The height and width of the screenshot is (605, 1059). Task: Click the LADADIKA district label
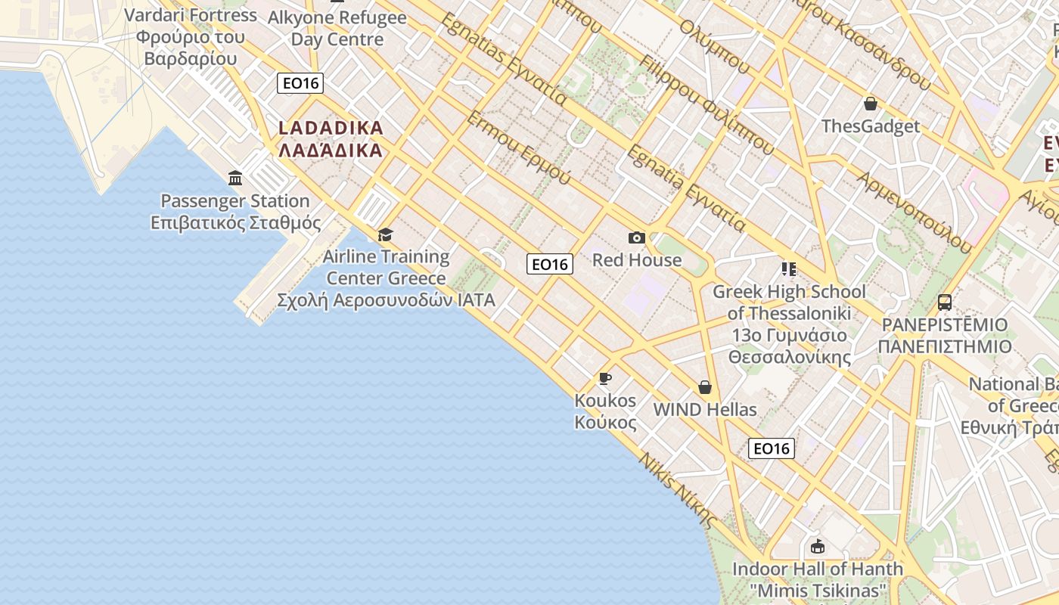(x=331, y=139)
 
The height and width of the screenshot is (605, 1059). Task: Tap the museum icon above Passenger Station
(x=235, y=178)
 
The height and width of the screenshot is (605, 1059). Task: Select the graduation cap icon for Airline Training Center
(x=386, y=234)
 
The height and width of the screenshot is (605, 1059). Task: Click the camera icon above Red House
(x=637, y=238)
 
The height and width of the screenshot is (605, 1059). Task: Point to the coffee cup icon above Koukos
(x=604, y=378)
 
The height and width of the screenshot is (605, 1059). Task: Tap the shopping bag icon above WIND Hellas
(x=705, y=387)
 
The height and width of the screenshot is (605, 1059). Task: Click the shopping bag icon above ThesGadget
(x=871, y=104)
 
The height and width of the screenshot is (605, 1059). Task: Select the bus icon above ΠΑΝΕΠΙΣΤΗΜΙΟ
(x=945, y=302)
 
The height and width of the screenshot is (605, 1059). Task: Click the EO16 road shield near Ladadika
(x=300, y=82)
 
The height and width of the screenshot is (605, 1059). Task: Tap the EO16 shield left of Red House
(x=550, y=264)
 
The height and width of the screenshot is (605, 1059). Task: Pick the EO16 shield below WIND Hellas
(x=772, y=448)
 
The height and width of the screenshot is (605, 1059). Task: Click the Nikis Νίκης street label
(x=678, y=490)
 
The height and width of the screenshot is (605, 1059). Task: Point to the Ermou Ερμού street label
(x=519, y=148)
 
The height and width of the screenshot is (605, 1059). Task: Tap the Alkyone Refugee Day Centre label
(x=337, y=28)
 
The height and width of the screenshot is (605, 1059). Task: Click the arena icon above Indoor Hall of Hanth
(x=817, y=546)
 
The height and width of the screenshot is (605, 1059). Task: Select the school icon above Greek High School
(x=789, y=269)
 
